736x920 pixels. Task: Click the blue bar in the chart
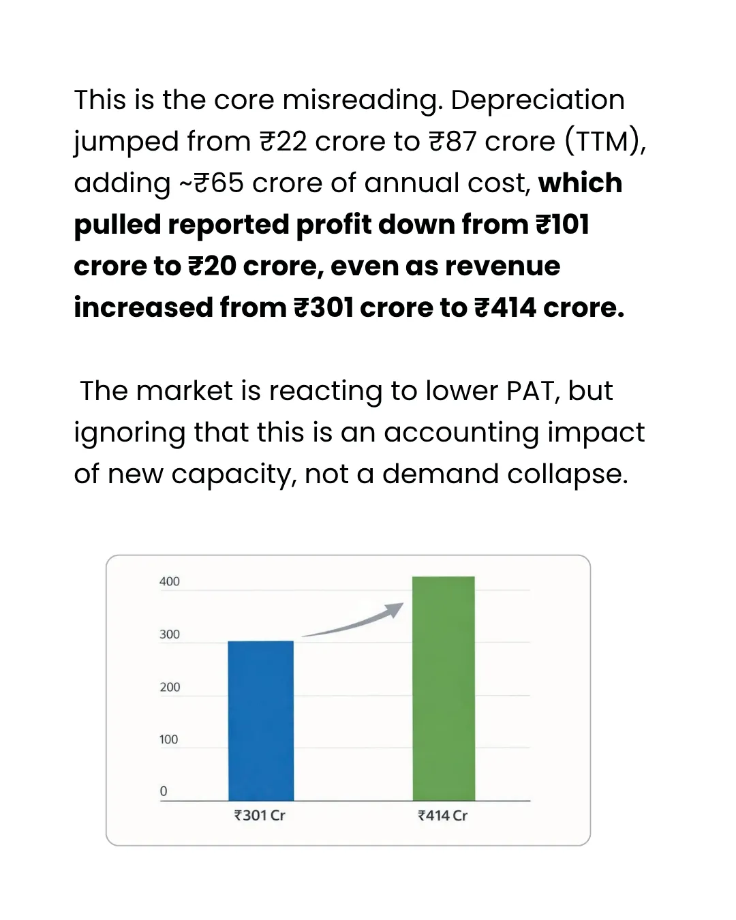coord(261,720)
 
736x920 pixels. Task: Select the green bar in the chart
coord(444,688)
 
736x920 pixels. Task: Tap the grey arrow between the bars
coord(353,621)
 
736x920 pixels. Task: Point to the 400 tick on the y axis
coord(170,581)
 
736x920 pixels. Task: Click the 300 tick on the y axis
coord(170,634)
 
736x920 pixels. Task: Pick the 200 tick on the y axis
coord(170,687)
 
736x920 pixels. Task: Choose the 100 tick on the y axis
coord(168,739)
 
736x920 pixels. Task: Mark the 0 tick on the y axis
coord(164,791)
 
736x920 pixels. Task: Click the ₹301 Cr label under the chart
coord(260,816)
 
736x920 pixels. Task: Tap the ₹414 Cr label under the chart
coord(443,816)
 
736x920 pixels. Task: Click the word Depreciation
coord(538,101)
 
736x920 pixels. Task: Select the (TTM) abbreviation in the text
coord(604,141)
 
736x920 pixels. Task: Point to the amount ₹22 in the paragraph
coord(283,142)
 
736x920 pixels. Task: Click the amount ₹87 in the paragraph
coord(453,142)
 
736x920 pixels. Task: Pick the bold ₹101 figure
coord(563,224)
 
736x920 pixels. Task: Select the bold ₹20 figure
coord(212,266)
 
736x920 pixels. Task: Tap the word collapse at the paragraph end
coord(568,474)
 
